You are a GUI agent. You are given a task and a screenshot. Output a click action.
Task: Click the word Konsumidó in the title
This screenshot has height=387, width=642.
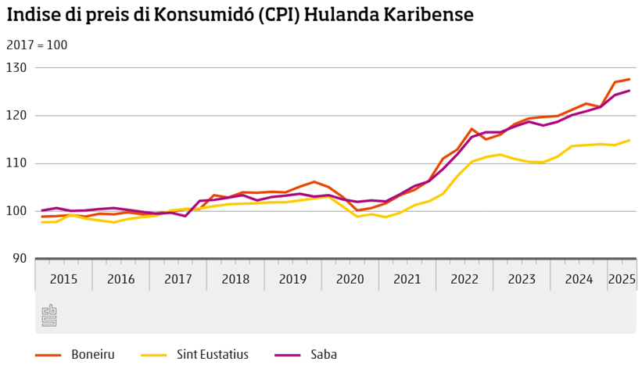coord(210,15)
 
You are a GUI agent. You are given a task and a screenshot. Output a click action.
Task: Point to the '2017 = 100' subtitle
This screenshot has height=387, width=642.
coord(37,45)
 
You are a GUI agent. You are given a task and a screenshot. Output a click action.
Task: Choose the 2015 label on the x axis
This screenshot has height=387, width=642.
coord(63,279)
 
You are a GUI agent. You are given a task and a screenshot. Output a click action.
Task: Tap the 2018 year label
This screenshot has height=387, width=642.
coord(235,279)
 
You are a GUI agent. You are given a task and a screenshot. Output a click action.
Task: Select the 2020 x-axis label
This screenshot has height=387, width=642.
coord(350,279)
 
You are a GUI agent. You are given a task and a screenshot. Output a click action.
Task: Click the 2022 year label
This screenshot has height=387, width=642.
coord(464,279)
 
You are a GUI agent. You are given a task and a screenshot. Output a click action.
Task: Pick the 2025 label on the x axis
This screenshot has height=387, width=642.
coord(622,279)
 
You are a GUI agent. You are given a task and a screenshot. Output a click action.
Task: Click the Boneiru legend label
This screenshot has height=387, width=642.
coord(93,355)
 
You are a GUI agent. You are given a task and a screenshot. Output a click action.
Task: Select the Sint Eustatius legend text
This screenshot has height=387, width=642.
coord(213,355)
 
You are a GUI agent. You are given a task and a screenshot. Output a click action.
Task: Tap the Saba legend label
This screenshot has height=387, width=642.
coord(325,355)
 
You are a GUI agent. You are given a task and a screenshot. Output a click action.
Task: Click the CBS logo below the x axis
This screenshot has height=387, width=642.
coord(49,315)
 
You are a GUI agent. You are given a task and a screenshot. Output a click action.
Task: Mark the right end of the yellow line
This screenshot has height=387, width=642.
coord(629,141)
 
